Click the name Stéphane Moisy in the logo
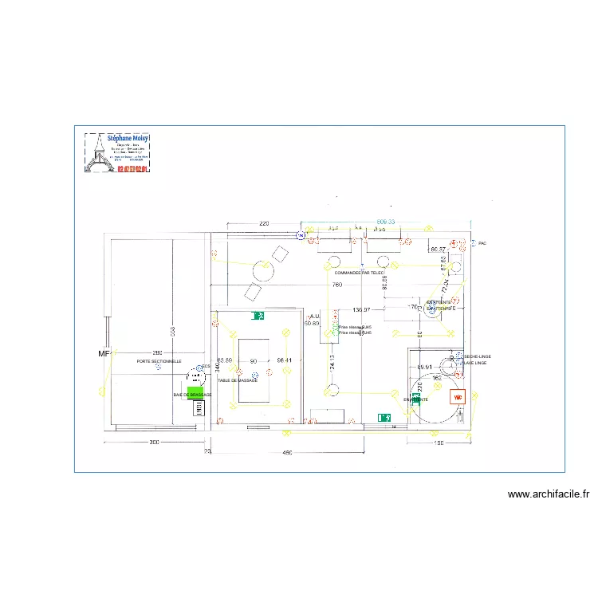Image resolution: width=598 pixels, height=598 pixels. pos(128,139)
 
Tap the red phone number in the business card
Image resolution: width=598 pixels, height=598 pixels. pos(132,168)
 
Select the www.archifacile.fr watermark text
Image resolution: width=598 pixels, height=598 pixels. pos(549,494)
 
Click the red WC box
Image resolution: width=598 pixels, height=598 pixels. pos(458,396)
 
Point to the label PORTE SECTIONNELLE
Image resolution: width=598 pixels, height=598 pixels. pos(159,361)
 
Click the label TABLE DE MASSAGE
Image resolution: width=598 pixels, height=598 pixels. pos(238,380)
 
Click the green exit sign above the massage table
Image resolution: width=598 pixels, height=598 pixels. pos(258,317)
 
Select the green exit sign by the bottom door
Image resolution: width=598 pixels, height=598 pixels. pos(384,417)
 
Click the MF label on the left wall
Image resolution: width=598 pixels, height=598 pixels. pos(103,353)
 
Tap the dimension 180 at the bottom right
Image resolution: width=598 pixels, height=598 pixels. pos(438,443)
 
